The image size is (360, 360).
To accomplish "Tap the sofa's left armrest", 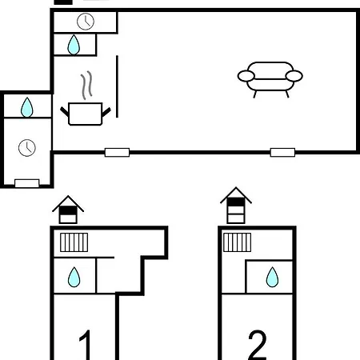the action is click(x=246, y=76).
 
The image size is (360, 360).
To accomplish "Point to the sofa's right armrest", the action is click(x=294, y=76).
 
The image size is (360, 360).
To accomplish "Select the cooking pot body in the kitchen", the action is click(x=86, y=114).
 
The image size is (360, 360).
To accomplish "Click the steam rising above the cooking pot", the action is click(x=86, y=85).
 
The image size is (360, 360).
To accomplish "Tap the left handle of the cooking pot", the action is click(x=64, y=111).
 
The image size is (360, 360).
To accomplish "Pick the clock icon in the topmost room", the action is click(x=86, y=22).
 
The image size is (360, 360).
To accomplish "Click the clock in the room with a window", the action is click(x=27, y=148).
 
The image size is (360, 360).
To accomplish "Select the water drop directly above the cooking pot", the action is click(x=74, y=45).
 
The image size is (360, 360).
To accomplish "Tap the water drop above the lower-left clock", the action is click(x=27, y=107).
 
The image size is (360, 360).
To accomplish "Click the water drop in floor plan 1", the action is click(x=74, y=277).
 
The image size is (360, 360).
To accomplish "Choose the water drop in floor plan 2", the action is click(x=272, y=277).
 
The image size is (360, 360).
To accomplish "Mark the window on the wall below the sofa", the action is click(x=282, y=153).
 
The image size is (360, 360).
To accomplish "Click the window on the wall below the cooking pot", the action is click(x=117, y=153).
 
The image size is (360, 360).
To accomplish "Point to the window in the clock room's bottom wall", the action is click(x=27, y=183).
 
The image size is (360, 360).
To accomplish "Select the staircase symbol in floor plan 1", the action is click(x=74, y=242).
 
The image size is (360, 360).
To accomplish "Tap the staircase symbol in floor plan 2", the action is click(x=237, y=242).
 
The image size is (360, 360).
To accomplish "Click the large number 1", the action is click(x=86, y=345).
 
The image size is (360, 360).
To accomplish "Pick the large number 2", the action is click(x=258, y=345).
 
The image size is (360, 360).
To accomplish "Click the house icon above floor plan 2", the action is click(x=236, y=206).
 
